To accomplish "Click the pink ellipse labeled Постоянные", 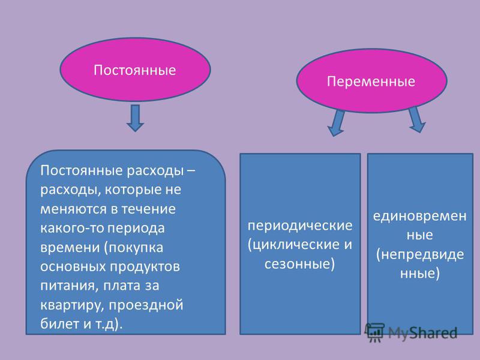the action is (x=135, y=70).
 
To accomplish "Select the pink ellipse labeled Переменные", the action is (x=371, y=81).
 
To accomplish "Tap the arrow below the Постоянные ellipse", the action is (x=135, y=118).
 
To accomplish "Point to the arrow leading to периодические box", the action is (x=337, y=123).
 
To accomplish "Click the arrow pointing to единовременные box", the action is (x=416, y=119).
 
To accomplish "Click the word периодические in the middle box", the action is (x=300, y=226).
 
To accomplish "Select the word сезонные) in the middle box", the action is (x=299, y=264).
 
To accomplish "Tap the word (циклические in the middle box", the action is (x=291, y=245).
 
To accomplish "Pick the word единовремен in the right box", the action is (x=419, y=216).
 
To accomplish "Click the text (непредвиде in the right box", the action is (x=420, y=254).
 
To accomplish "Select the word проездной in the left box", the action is (x=146, y=305).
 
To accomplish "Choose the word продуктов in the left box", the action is (x=145, y=267).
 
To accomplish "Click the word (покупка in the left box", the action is (x=133, y=247).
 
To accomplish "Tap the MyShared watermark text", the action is (x=423, y=332).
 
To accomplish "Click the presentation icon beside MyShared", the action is (x=374, y=332).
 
